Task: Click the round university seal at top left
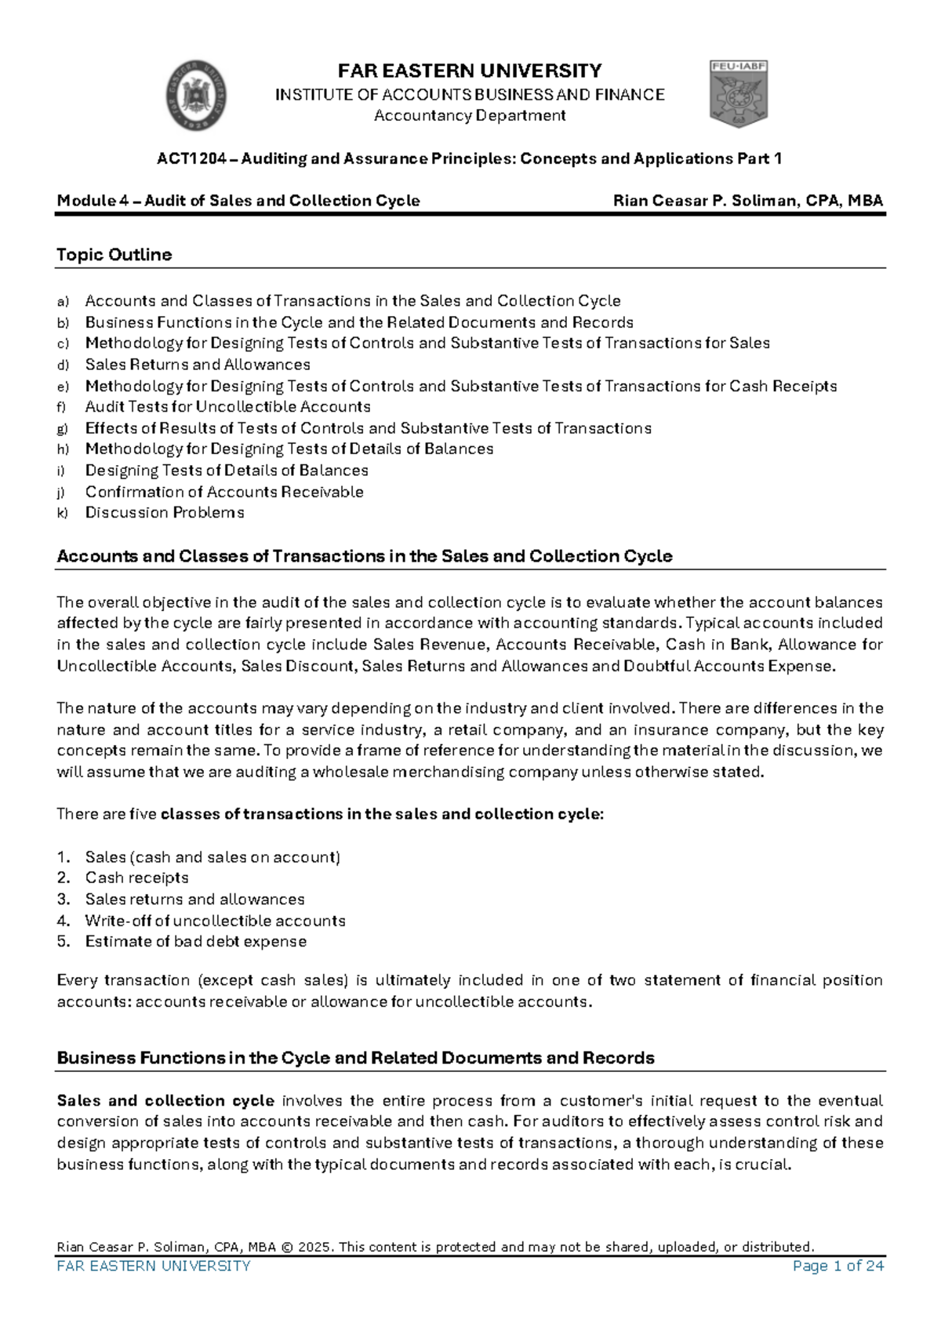coord(197,96)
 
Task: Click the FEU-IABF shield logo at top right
coord(738,94)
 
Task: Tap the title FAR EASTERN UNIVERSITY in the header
coord(470,71)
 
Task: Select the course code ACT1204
coord(191,159)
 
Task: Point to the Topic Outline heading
coord(114,255)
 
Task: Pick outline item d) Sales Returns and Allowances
coord(198,365)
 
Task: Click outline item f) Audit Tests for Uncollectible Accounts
coord(227,407)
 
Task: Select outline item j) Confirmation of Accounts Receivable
coord(224,492)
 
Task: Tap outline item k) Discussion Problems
coord(165,513)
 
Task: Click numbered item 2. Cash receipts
coord(136,878)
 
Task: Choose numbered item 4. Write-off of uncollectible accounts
coord(215,921)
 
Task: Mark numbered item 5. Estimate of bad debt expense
coord(195,942)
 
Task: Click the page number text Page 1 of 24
coord(837,1266)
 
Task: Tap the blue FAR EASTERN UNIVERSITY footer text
coord(154,1266)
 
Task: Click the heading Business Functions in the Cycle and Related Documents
coord(355,1058)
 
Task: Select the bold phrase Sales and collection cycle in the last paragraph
coord(165,1101)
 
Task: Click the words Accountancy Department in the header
coord(470,116)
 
